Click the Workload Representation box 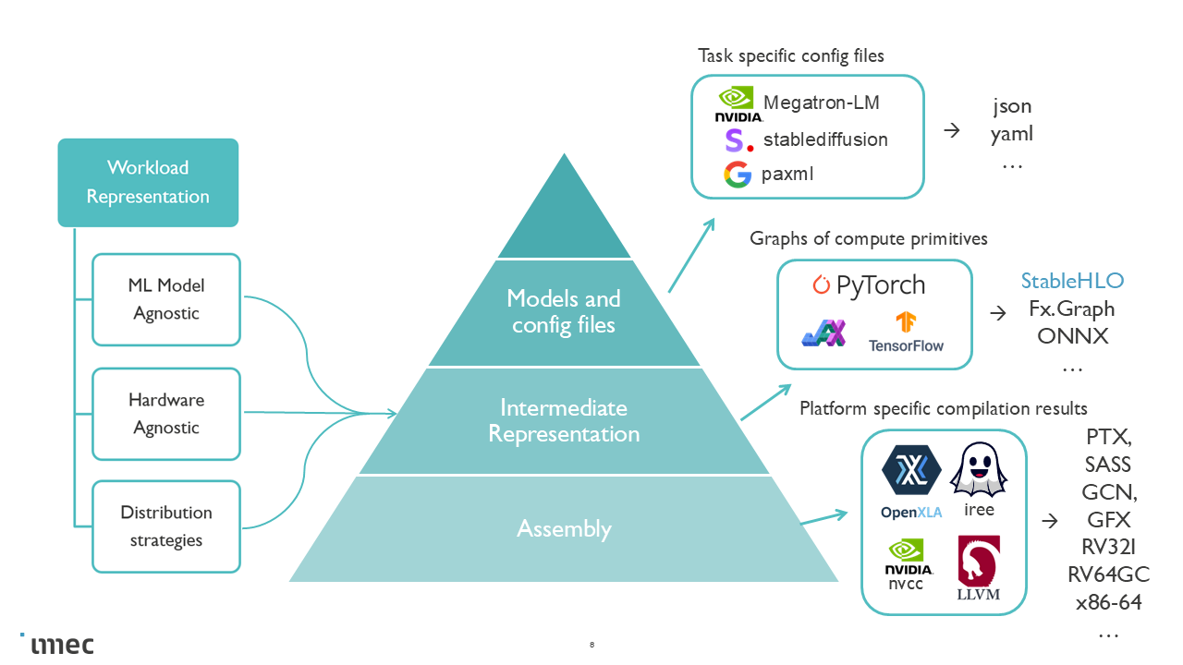(x=148, y=182)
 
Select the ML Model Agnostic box (x=166, y=299)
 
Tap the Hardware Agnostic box (x=166, y=414)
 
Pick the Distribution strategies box (x=166, y=526)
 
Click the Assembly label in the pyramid (x=564, y=528)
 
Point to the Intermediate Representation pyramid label (x=564, y=420)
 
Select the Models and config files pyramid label (x=564, y=311)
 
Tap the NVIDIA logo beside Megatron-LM (x=738, y=104)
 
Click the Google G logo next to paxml (x=738, y=175)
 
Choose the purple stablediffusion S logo (x=736, y=140)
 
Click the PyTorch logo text (x=869, y=285)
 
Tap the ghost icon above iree (x=979, y=471)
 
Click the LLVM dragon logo (x=978, y=567)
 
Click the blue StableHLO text (x=1072, y=281)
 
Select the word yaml (x=1012, y=134)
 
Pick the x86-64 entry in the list (x=1109, y=602)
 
